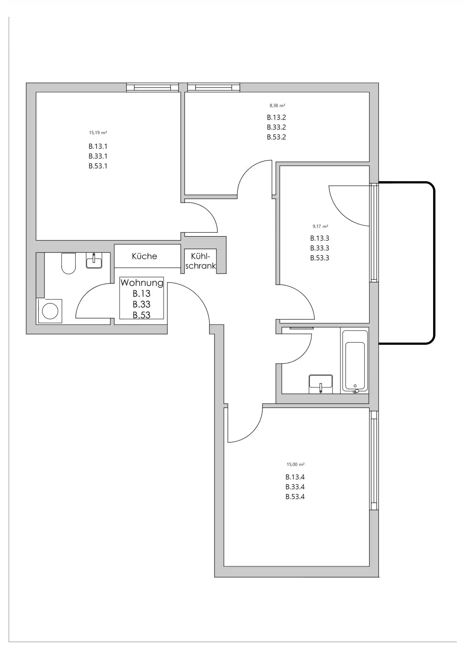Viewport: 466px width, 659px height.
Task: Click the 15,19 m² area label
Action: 98,133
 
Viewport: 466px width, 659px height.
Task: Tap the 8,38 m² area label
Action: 277,106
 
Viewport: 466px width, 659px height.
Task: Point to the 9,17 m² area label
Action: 320,227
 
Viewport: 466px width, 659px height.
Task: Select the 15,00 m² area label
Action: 295,465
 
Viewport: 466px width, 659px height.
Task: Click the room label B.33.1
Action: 98,156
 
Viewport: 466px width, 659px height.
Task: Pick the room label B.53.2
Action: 276,137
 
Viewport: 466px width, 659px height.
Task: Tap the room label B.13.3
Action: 320,238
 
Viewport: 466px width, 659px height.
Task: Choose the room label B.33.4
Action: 295,487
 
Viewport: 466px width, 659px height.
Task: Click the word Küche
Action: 145,256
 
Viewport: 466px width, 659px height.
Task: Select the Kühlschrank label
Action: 201,261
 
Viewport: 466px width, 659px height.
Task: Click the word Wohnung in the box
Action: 142,283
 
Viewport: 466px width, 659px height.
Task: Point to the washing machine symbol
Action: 50,311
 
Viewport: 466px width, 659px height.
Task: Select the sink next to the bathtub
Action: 321,384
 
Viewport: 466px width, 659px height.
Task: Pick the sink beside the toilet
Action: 94,261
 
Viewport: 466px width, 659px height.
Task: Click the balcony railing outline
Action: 434,263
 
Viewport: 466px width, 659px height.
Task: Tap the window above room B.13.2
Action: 214,88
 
